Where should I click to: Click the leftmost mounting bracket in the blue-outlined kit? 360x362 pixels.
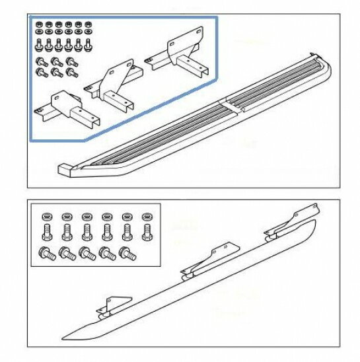(x=69, y=107)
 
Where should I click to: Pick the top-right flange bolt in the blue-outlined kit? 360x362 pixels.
(x=69, y=61)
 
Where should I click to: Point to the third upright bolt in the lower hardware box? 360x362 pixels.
(x=87, y=233)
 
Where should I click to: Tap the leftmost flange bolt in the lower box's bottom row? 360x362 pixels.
(x=46, y=252)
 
